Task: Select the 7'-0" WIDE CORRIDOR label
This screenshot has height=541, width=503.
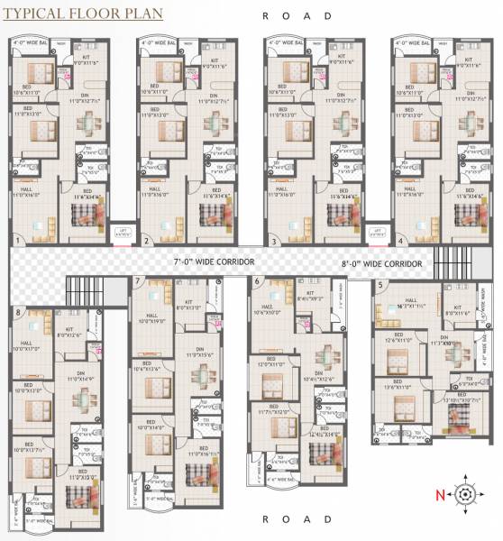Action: pyautogui.click(x=214, y=261)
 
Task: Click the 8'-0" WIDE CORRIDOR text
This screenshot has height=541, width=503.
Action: pyautogui.click(x=382, y=262)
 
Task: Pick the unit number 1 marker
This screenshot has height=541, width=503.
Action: pyautogui.click(x=18, y=242)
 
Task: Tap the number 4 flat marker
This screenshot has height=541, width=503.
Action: pyautogui.click(x=400, y=242)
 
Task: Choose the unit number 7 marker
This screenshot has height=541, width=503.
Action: pyautogui.click(x=138, y=281)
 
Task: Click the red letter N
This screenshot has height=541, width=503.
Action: pyautogui.click(x=439, y=494)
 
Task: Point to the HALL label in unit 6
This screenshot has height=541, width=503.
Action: pyautogui.click(x=267, y=308)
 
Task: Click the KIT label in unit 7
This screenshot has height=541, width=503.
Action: pyautogui.click(x=188, y=302)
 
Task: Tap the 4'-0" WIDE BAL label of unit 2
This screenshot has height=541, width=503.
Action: pyautogui.click(x=160, y=42)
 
